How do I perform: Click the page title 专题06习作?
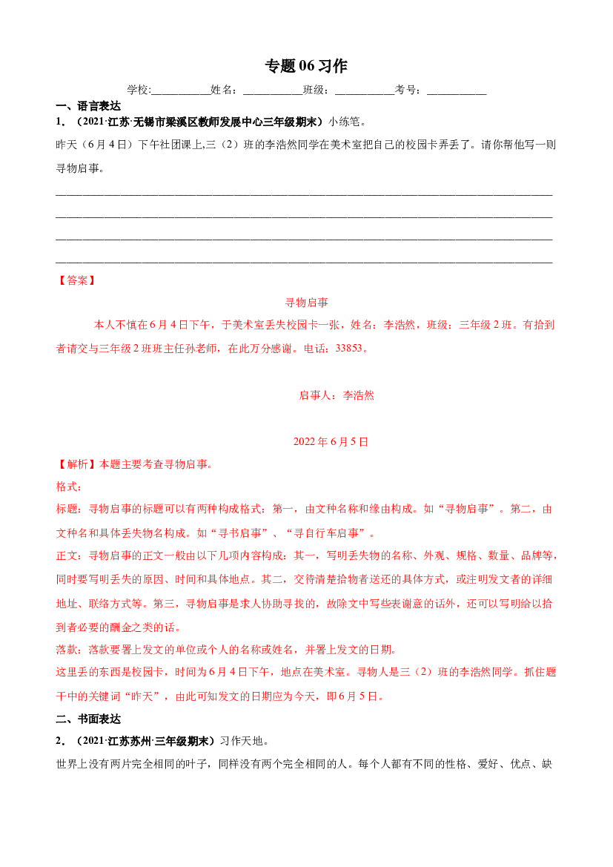306,66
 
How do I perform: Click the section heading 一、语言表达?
88,106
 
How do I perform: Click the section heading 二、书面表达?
88,719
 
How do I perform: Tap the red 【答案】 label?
77,280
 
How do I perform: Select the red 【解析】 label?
77,464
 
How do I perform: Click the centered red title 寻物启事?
306,303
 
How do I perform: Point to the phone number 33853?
349,348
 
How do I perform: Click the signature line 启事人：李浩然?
337,395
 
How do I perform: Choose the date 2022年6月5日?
331,442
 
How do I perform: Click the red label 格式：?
69,487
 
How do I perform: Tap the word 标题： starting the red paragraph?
72,509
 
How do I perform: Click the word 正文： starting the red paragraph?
72,556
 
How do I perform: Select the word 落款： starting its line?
72,649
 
